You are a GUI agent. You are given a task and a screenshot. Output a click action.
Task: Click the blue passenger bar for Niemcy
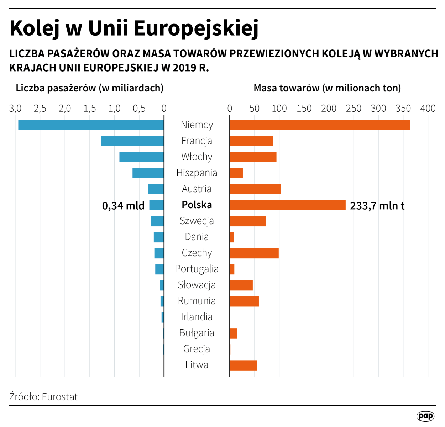coord(91,125)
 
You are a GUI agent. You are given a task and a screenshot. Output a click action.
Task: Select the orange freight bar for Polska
coord(288,205)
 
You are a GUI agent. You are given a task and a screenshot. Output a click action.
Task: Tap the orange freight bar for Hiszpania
coord(236,173)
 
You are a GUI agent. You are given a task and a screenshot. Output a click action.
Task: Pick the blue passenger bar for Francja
coord(132,141)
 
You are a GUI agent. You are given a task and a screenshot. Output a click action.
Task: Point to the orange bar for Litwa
coord(243,365)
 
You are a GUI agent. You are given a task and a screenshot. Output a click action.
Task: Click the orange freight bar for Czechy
coord(254,253)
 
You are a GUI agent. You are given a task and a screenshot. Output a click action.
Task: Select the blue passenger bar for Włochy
coord(142,157)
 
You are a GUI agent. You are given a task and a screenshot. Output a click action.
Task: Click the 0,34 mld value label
coord(123,206)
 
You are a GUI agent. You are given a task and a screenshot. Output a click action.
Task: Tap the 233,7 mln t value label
coord(377,206)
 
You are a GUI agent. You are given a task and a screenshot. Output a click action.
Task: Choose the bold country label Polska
coord(197,205)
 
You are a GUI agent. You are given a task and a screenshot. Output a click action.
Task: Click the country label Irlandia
coord(197,317)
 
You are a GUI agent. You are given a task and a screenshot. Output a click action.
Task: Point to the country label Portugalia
coord(197,269)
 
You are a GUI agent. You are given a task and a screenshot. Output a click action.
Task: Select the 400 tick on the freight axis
coord(428,108)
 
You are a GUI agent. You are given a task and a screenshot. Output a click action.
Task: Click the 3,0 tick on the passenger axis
coord(15,109)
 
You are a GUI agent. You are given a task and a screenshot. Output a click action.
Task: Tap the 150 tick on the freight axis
coord(304,108)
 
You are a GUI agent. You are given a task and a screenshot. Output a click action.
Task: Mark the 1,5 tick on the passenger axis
coord(89,109)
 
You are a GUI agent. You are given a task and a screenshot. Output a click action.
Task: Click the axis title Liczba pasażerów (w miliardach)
coord(90,88)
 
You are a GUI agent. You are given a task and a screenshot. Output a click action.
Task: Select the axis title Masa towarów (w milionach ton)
coord(327,88)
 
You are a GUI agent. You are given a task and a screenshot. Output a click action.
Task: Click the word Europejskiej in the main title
coord(196,28)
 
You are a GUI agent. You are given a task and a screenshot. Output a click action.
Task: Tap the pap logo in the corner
coord(425,416)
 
